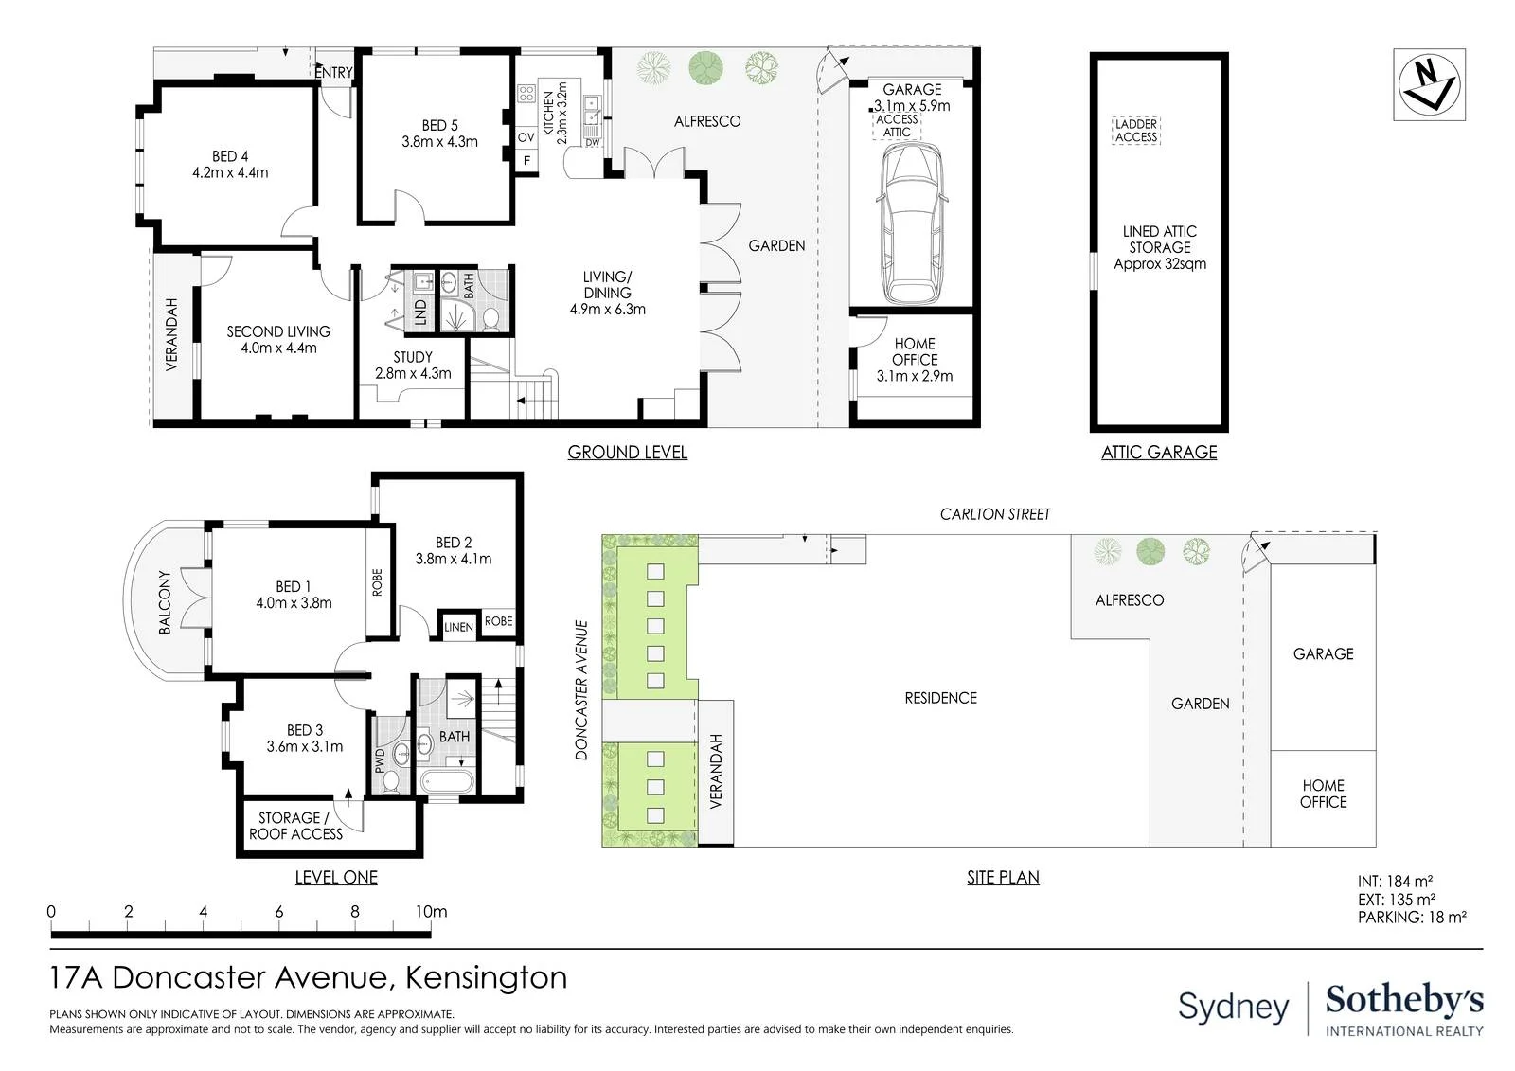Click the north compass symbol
(x=1429, y=85)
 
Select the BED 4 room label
(x=230, y=165)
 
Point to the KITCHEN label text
(x=548, y=113)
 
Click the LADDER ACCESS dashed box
(x=1135, y=131)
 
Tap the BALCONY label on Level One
(x=165, y=602)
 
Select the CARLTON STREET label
(x=995, y=514)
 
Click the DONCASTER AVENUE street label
(x=581, y=690)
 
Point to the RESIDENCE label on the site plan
(x=941, y=698)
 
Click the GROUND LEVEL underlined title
(x=628, y=452)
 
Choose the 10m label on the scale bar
(x=431, y=911)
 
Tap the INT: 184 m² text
(x=1396, y=881)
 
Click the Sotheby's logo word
(x=1404, y=1001)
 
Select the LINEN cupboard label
(x=458, y=627)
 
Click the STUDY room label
(x=413, y=357)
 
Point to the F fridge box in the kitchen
(x=526, y=161)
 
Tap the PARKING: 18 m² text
(x=1412, y=918)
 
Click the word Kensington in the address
(x=486, y=978)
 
